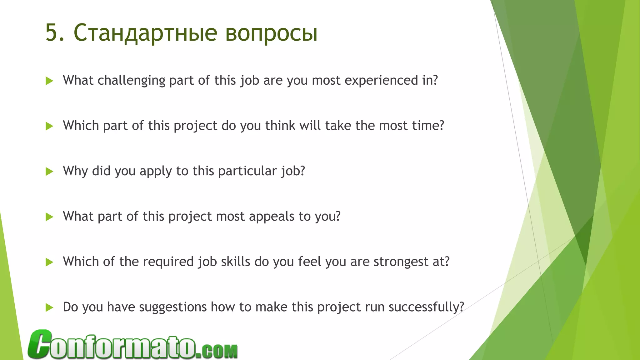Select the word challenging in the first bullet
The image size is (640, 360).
pyautogui.click(x=131, y=81)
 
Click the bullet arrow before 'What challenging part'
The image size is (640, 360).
pyautogui.click(x=49, y=81)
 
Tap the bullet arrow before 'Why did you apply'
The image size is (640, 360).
pyautogui.click(x=49, y=171)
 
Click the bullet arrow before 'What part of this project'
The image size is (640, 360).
pyautogui.click(x=49, y=217)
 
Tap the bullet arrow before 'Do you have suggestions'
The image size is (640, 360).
pyautogui.click(x=49, y=307)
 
